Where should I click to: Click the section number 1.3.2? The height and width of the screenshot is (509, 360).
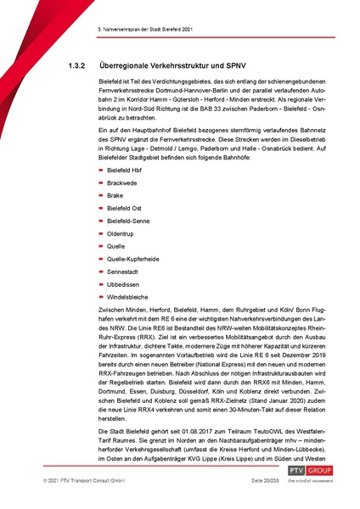click(x=78, y=64)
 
